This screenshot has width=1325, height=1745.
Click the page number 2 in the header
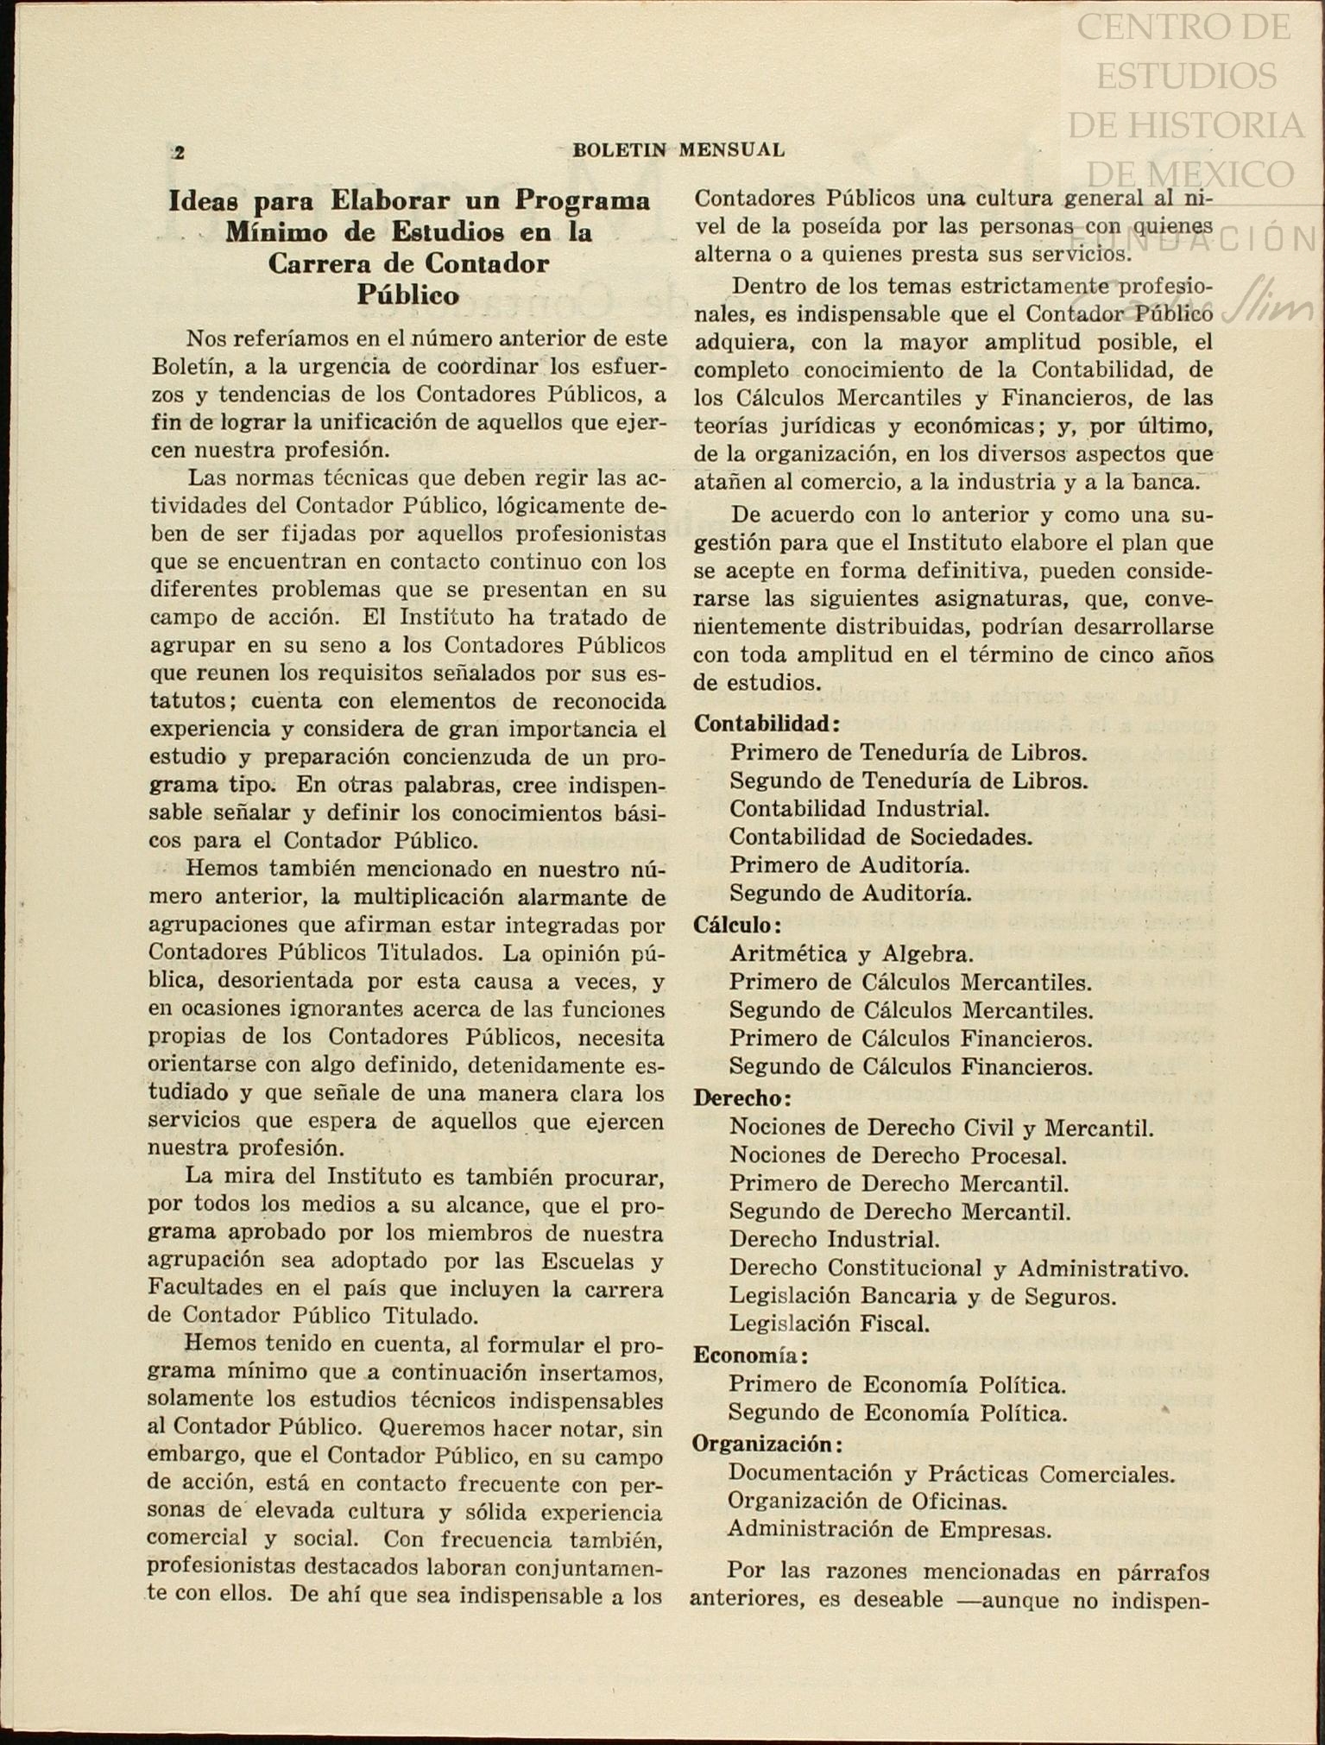179,153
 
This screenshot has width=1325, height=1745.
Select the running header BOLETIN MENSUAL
678,149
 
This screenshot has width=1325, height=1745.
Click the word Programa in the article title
583,199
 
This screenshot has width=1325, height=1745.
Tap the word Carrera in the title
320,262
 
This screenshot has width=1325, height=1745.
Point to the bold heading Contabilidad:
767,723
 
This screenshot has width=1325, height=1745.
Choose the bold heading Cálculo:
737,924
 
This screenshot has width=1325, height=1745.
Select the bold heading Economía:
750,1355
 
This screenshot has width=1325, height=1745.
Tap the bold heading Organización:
767,1443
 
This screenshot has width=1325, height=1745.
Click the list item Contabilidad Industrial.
859,808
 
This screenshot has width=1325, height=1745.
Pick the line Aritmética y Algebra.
851,953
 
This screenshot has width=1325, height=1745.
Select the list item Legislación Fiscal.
829,1323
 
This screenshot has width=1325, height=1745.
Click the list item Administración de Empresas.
890,1529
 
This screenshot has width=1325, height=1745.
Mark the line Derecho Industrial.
834,1239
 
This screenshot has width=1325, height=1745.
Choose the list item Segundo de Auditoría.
850,893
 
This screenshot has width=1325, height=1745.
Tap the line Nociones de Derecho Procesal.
898,1154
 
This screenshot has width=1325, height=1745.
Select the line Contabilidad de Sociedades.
880,836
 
